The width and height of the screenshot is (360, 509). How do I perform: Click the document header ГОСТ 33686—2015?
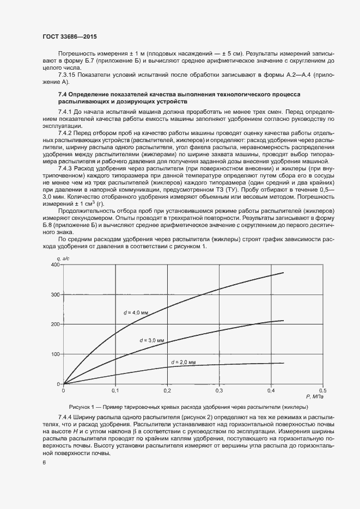[x=70, y=37]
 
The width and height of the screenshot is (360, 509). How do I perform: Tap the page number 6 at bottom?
[x=44, y=462]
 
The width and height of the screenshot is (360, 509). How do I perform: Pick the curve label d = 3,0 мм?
[x=152, y=340]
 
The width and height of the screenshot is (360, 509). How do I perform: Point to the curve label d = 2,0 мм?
[x=183, y=362]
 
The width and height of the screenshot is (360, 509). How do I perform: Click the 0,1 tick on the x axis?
[x=115, y=390]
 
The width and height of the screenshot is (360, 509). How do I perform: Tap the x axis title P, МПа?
[x=315, y=397]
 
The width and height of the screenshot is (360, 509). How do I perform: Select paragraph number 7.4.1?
[x=65, y=111]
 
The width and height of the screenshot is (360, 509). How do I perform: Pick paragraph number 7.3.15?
[x=67, y=75]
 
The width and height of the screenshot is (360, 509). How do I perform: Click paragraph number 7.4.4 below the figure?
[x=65, y=416]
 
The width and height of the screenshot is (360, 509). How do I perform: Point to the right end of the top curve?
[x=284, y=273]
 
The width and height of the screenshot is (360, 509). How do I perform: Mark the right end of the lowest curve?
[x=284, y=363]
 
